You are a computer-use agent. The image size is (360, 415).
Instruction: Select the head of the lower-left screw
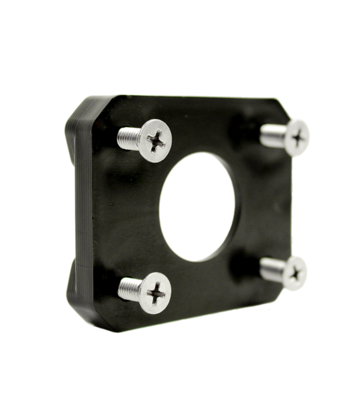coord(154,292)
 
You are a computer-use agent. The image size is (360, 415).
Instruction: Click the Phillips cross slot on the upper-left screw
coord(157,141)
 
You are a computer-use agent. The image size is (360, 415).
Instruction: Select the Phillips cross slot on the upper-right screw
coord(300,136)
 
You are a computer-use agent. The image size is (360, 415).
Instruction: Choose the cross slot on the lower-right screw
coord(297,273)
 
